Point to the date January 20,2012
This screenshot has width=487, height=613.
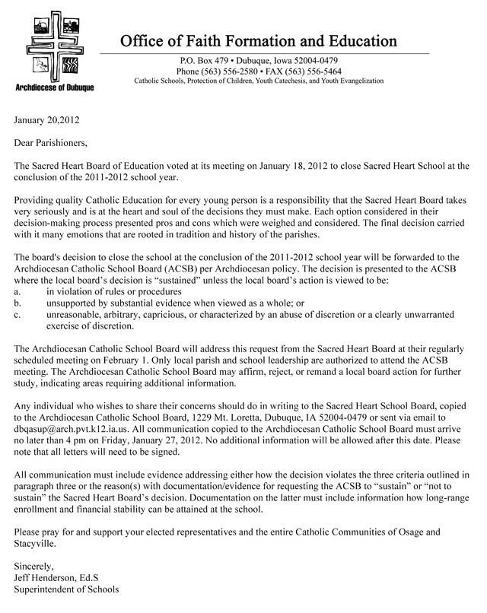46,120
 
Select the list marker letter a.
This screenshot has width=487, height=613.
18,291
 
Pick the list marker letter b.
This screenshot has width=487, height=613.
18,303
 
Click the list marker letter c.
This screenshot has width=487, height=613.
18,314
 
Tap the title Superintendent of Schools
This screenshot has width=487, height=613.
66,589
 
